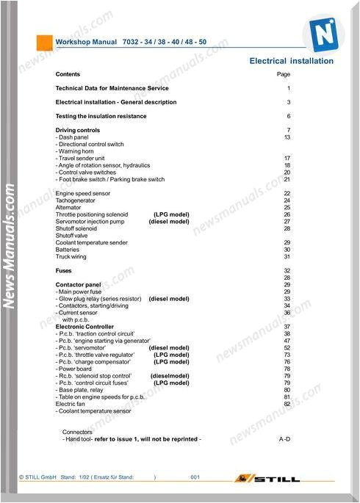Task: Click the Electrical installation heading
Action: [291, 61]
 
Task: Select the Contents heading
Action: [68, 74]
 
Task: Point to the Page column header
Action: [284, 74]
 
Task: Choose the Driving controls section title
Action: [78, 130]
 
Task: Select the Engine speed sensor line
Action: [83, 193]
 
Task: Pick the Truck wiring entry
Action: [71, 256]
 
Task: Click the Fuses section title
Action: [64, 270]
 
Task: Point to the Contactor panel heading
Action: [78, 284]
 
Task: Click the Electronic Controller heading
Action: [84, 326]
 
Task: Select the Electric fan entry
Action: [71, 404]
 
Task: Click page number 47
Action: [287, 341]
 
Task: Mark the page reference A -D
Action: [285, 438]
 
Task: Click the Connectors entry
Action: [77, 432]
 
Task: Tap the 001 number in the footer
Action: [195, 478]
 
